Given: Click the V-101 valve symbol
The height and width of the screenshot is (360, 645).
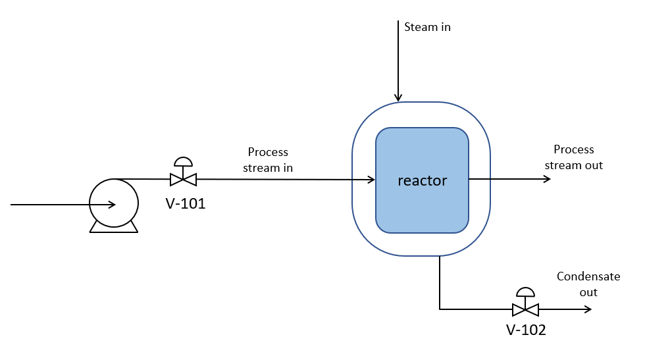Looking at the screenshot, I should point(183,179).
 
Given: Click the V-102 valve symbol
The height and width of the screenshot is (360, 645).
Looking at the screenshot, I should point(525,309).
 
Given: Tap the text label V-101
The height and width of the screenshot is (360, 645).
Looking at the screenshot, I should point(185,204).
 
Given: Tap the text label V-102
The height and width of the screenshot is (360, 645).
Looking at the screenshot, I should point(526,330).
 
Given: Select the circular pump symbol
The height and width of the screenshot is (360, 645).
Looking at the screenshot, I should point(114,203).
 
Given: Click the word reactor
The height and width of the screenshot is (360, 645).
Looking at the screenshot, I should point(422,181).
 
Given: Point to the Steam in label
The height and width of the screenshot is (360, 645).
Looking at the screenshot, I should point(427,27).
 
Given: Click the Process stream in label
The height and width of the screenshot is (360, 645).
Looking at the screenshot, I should point(268,160).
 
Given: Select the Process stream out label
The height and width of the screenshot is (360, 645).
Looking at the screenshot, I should point(573,157).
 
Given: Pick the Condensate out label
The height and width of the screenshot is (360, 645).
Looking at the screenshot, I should point(579,284).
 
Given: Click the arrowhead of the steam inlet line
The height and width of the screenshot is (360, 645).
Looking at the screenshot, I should point(398,98).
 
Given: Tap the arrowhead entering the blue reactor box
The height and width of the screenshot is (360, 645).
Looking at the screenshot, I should point(371,180).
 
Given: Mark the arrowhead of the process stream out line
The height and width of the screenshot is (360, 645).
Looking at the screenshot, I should point(547,178).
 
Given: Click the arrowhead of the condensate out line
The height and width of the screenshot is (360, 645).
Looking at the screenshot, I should point(587,309).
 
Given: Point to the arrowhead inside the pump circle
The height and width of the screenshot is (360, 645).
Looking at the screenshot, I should point(112,205).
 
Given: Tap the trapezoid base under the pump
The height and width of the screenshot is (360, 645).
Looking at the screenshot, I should point(114,226).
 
